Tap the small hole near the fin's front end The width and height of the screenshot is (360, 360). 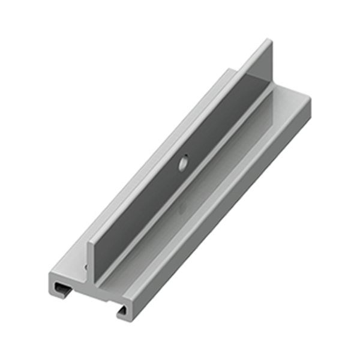coord(86,265)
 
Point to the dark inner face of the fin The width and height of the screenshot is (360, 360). coord(180,174)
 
